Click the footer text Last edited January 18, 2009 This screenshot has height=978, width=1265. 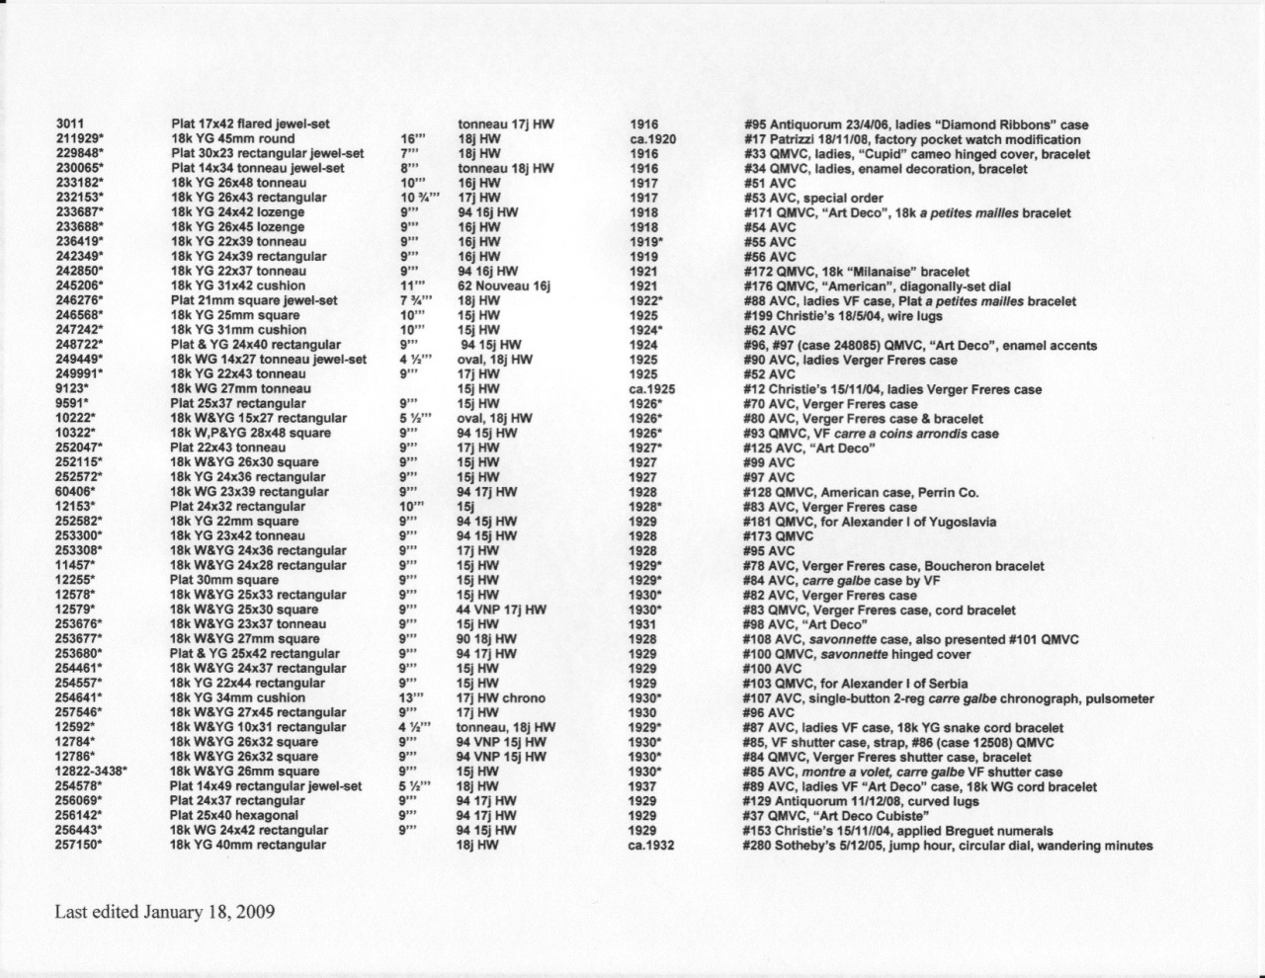tap(164, 911)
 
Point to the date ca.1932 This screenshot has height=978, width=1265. tap(650, 846)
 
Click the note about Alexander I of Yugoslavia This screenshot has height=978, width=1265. tap(870, 522)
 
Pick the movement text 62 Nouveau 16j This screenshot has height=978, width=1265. tap(503, 286)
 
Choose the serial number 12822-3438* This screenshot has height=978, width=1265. tap(93, 772)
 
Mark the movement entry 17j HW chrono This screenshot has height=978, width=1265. tap(501, 698)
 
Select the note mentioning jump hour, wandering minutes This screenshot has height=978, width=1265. tap(948, 846)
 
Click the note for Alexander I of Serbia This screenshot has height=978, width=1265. tap(855, 684)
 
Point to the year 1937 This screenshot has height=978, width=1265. tap(643, 786)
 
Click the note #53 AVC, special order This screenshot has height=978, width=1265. tap(812, 199)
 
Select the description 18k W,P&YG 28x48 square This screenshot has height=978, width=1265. tap(250, 433)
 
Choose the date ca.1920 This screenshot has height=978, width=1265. tap(652, 139)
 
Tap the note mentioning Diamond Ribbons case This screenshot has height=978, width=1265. tap(916, 124)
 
